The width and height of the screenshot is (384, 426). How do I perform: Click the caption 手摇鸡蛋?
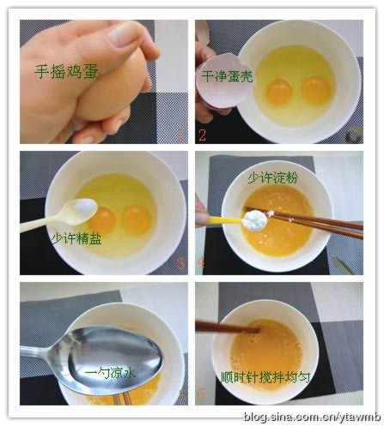click(x=66, y=71)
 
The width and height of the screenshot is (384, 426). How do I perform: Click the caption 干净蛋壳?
click(x=227, y=76)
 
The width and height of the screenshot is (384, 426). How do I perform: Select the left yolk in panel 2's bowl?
click(x=279, y=91)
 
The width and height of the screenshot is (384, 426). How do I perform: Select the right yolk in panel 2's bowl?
click(x=316, y=89)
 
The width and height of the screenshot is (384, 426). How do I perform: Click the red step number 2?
click(x=202, y=135)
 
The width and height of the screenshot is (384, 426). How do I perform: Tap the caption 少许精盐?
click(x=76, y=238)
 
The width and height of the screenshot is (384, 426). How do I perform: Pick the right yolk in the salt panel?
click(x=137, y=219)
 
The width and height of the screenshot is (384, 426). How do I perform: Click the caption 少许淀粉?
click(x=273, y=177)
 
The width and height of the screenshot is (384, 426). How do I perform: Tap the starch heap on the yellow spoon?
click(x=255, y=219)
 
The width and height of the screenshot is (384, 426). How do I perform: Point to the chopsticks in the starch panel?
click(x=304, y=222)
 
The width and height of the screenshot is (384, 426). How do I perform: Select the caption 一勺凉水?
click(x=110, y=373)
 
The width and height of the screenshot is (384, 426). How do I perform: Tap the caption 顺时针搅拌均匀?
click(x=265, y=377)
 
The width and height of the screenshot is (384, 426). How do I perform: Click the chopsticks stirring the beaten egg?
click(x=228, y=327)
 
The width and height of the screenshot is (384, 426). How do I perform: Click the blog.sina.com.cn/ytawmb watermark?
click(x=314, y=417)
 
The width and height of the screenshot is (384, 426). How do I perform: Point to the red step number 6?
click(x=201, y=394)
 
